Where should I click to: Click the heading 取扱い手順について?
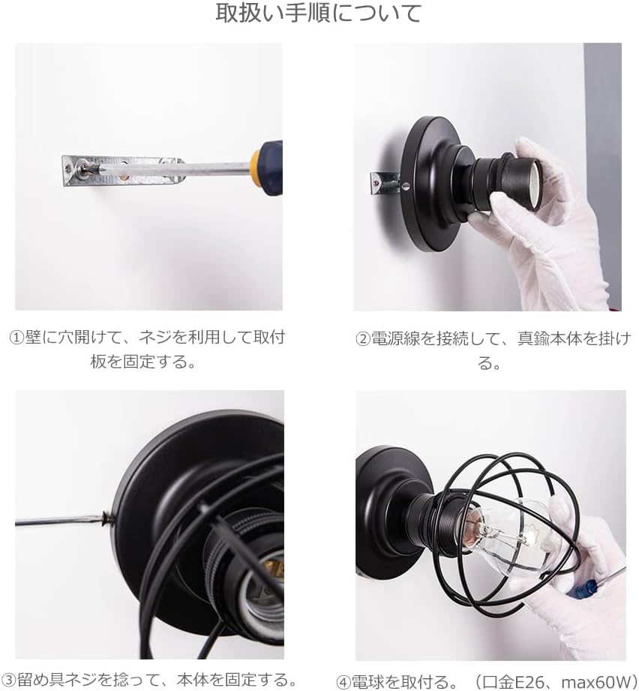319,13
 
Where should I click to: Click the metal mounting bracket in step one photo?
122,170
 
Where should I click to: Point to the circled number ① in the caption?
16,338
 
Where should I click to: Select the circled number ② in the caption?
363,339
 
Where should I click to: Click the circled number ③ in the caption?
9,679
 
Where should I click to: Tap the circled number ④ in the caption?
343,682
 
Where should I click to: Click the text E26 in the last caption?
526,682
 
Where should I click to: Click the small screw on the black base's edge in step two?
406,186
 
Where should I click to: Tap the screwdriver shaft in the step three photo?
58,521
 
